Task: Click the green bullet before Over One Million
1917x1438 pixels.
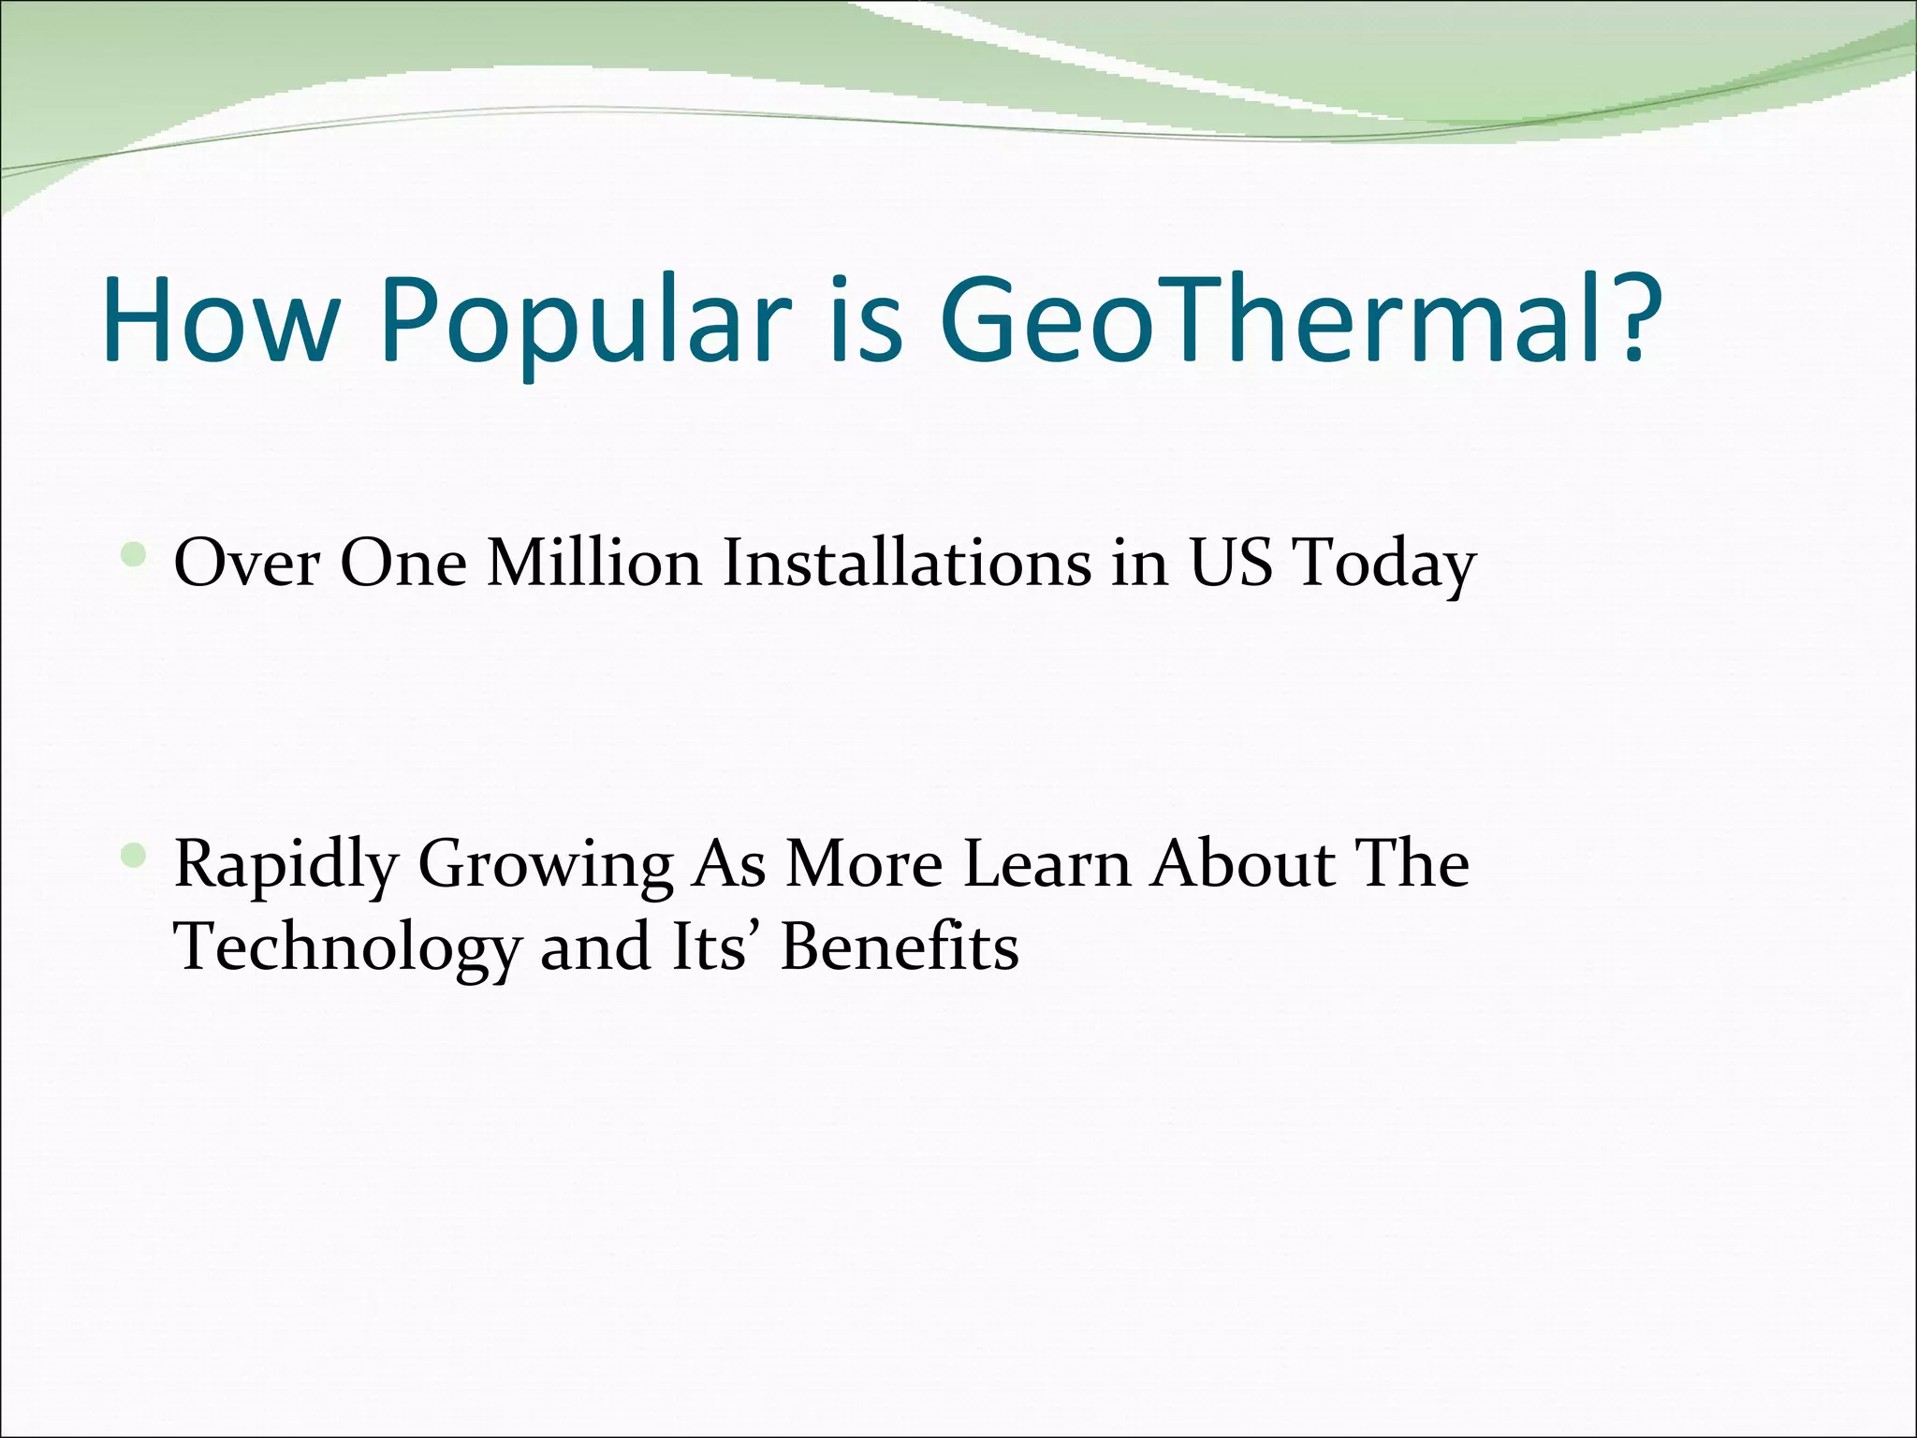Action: [135, 557]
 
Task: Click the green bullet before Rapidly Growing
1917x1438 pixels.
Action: [135, 855]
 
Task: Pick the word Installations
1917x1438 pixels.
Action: [906, 564]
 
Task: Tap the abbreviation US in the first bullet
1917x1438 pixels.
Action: [1231, 564]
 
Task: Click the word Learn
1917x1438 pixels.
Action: [1046, 863]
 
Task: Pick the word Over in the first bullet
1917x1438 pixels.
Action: [247, 564]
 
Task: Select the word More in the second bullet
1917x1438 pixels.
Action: [863, 863]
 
